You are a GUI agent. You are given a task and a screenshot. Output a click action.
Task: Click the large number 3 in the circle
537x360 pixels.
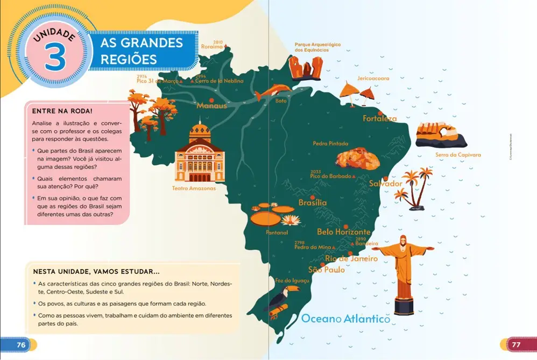click(x=55, y=58)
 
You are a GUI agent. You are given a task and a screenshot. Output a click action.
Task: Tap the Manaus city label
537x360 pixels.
click(x=211, y=106)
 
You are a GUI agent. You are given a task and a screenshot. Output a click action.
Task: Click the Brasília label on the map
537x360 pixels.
click(x=313, y=203)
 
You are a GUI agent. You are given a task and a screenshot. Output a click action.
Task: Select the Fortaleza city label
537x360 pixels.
click(x=380, y=118)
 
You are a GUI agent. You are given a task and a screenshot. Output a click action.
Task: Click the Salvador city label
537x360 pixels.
click(x=385, y=183)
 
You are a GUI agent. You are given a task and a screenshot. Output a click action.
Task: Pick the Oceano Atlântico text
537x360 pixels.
click(x=345, y=319)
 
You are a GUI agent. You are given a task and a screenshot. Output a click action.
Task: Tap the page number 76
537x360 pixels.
click(x=21, y=344)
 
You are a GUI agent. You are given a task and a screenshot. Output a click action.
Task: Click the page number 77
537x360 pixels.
click(x=515, y=344)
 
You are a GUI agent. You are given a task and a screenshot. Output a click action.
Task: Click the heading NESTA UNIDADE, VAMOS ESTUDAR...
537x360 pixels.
click(x=96, y=271)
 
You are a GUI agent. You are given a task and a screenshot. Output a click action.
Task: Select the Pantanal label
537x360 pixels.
click(x=277, y=233)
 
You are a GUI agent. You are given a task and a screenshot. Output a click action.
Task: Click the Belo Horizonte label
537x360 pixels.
click(x=343, y=232)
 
